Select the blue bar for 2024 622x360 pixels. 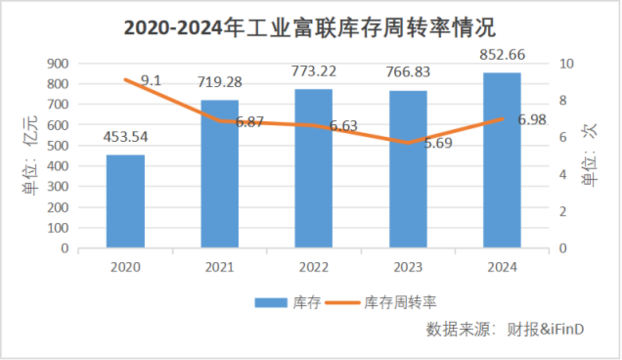[x=502, y=160]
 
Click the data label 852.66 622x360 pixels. [x=502, y=55]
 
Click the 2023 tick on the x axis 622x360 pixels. [x=408, y=268]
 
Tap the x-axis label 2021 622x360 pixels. [x=220, y=268]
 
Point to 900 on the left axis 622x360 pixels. [x=58, y=64]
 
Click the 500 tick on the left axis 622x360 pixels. [x=58, y=146]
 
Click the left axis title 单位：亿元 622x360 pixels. [x=31, y=156]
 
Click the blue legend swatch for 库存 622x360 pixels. [x=271, y=303]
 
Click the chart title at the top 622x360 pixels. [x=309, y=28]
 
